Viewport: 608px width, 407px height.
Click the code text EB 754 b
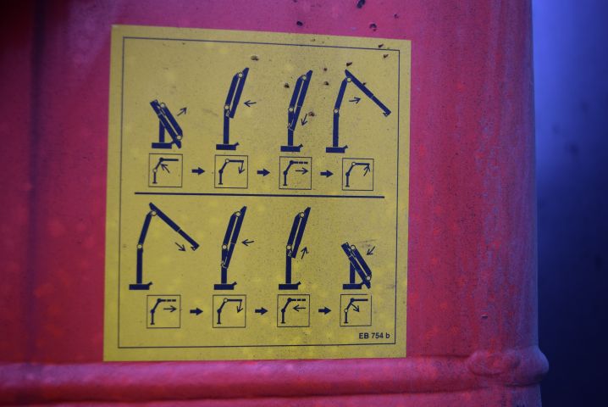[x=374, y=336]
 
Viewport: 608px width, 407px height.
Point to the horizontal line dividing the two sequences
[x=259, y=196]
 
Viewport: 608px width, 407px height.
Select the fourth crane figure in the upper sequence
[x=355, y=111]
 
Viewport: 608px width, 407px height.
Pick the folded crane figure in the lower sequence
[x=357, y=265]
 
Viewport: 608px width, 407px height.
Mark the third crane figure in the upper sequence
[x=296, y=111]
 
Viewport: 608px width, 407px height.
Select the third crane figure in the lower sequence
[x=294, y=248]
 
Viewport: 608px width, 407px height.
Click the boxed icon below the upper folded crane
[x=165, y=170]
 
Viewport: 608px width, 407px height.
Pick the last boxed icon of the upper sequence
[x=357, y=173]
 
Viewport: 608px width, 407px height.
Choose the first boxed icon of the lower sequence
[x=163, y=310]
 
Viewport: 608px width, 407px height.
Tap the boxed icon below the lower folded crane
[x=356, y=310]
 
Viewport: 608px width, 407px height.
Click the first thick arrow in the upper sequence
[x=198, y=171]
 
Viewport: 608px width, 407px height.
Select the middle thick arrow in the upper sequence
[x=263, y=172]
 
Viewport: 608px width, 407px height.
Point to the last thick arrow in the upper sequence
[x=326, y=173]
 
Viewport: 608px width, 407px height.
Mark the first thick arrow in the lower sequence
[x=196, y=311]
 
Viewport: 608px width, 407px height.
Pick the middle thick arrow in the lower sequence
[x=261, y=311]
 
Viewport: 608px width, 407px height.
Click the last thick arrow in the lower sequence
[x=324, y=311]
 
